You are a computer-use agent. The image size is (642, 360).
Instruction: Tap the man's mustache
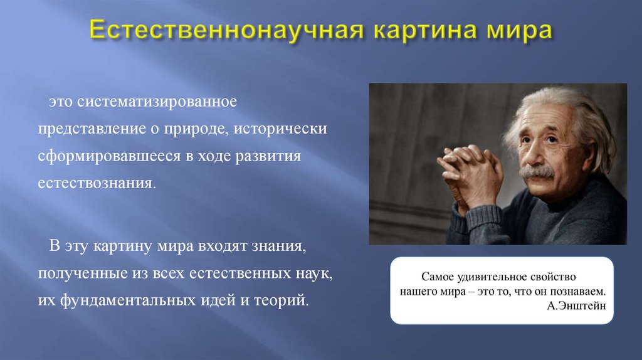[537, 171]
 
